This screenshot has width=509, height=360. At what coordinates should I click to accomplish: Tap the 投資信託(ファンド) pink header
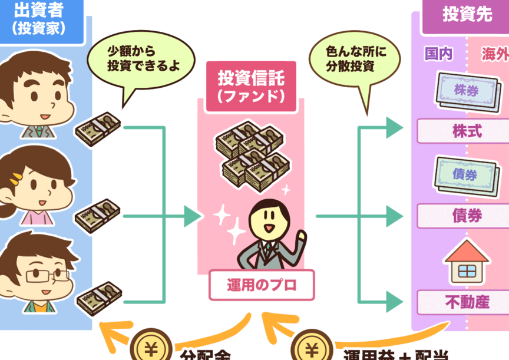(250, 84)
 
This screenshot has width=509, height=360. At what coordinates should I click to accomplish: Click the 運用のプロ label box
(262, 285)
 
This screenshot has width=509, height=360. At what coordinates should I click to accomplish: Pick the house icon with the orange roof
(467, 263)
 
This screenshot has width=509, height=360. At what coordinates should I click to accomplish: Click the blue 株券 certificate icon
(468, 90)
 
